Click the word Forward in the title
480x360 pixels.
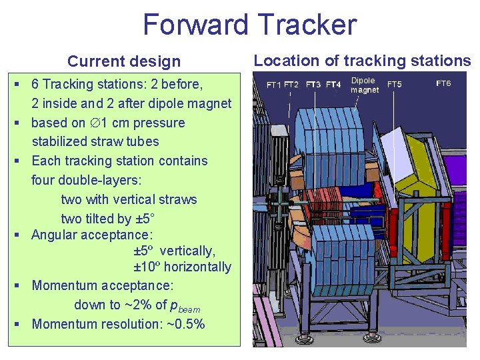194,25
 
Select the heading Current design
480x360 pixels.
124,62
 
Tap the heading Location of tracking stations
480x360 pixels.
362,61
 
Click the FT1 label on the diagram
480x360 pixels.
274,85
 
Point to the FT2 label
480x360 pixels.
291,85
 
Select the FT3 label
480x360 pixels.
313,85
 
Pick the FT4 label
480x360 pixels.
333,85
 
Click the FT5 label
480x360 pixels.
395,85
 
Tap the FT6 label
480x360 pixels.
443,83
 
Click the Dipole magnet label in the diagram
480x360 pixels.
364,85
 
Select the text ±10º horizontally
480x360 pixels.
182,267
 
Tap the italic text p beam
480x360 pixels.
185,307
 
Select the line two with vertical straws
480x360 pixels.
129,199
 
